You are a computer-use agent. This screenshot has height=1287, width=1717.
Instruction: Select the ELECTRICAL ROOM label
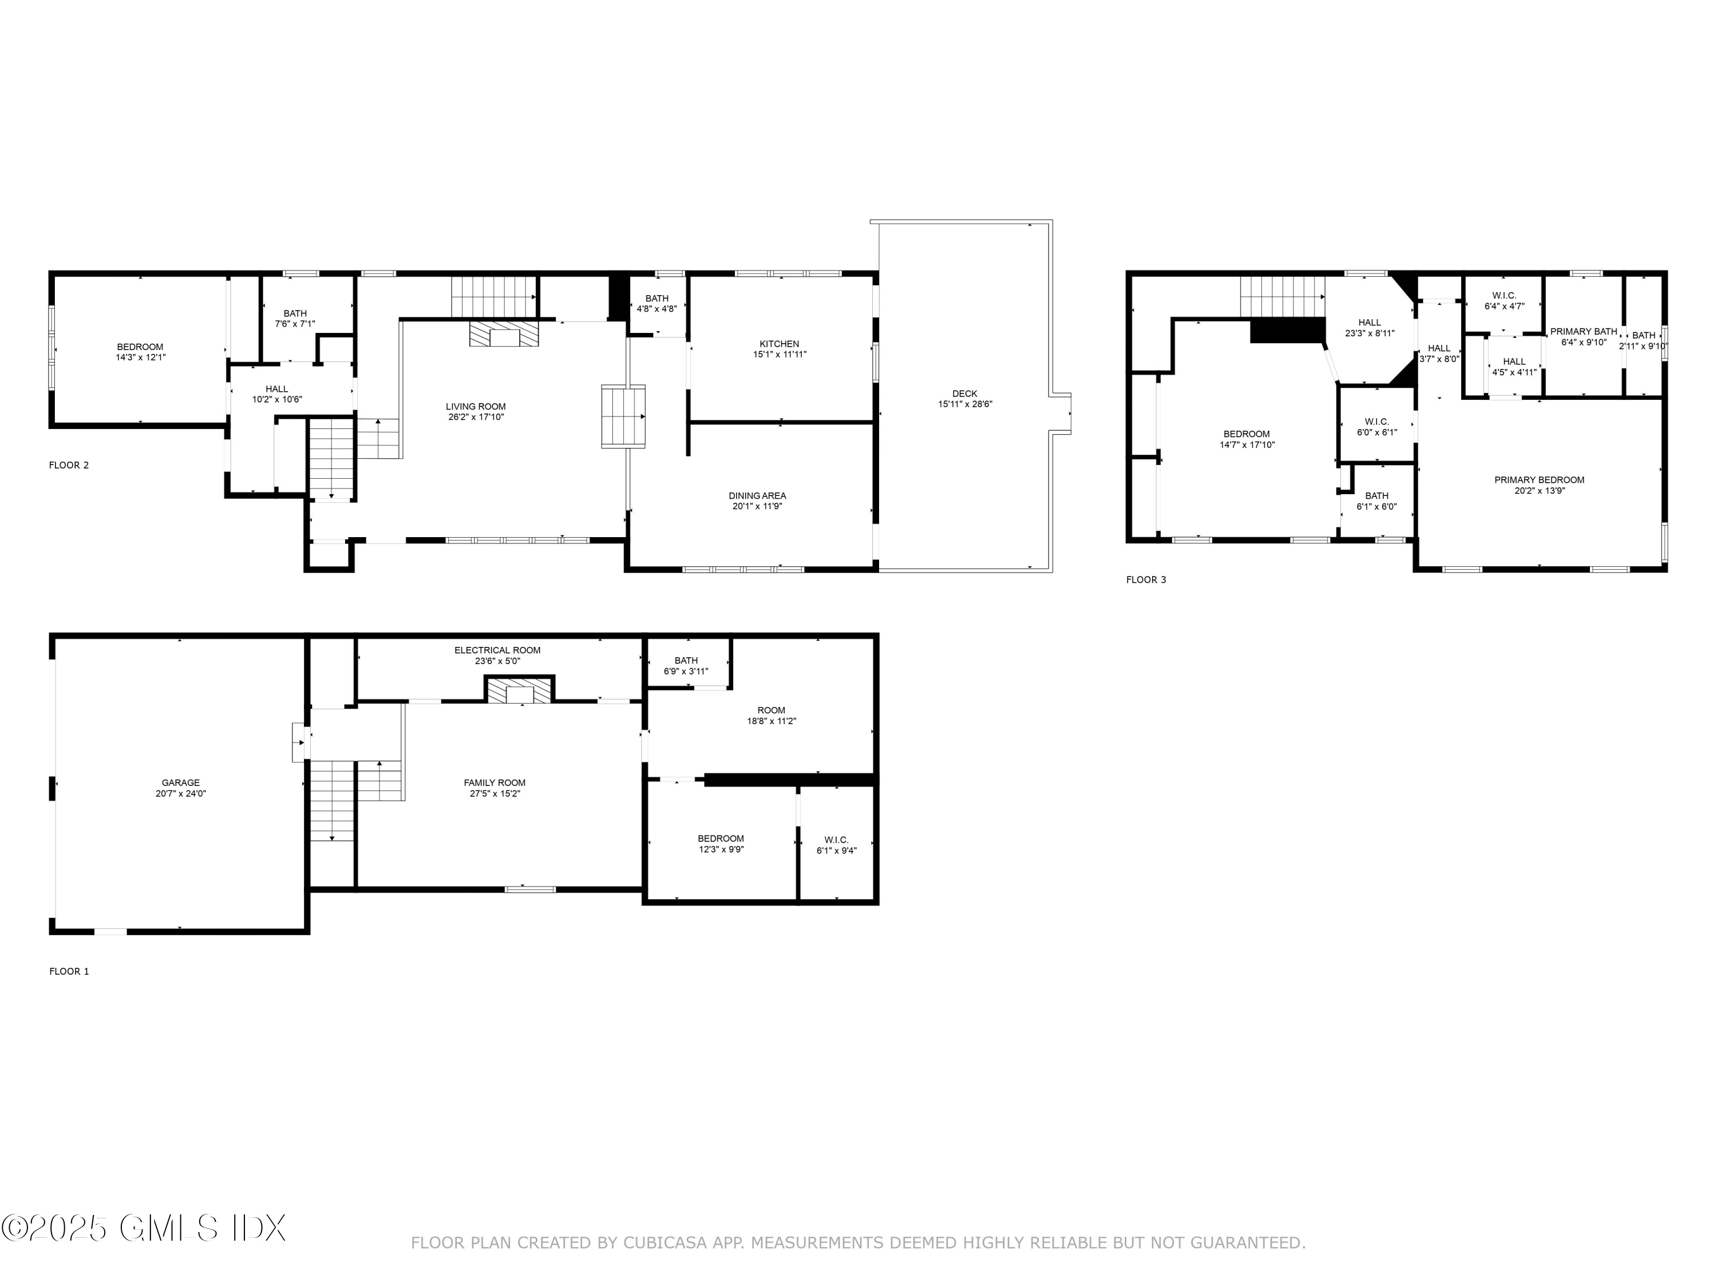pos(497,651)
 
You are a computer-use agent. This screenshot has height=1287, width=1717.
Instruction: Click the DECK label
pos(965,394)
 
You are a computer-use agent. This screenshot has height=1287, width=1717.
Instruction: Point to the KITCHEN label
pos(780,344)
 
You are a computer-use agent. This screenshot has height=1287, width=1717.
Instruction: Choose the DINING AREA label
pos(757,496)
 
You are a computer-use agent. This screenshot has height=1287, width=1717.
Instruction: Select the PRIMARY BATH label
pos(1584,332)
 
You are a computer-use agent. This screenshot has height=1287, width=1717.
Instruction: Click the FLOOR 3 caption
pos(1146,579)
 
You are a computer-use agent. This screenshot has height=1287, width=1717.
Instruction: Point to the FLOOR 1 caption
pos(69,971)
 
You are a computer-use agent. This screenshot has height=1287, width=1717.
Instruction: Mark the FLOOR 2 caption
pos(69,466)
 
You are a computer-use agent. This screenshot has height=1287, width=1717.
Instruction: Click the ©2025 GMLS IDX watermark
pos(144,1228)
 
